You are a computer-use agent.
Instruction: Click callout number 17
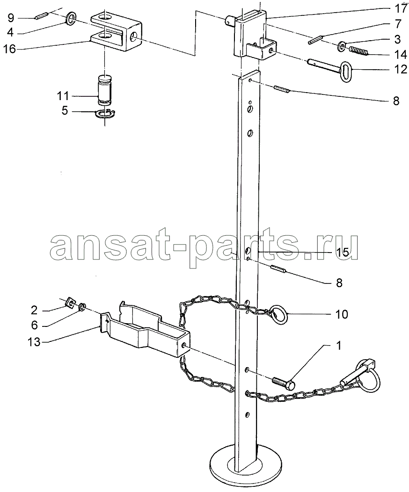[400, 8]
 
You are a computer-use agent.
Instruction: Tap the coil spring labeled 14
[358, 50]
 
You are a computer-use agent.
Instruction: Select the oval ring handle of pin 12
[346, 72]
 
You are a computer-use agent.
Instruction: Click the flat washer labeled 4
[71, 19]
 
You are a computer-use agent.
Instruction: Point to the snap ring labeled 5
[105, 114]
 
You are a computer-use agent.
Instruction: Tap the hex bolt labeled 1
[284, 383]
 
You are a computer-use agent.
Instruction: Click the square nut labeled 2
[71, 303]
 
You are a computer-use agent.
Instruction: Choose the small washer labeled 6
[81, 307]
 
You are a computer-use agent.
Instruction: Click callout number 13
[34, 342]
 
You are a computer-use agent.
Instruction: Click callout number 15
[343, 252]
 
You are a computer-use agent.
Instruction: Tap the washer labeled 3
[342, 47]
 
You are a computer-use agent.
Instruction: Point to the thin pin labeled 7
[315, 40]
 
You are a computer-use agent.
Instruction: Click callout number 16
[9, 49]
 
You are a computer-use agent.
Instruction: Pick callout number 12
[400, 69]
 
